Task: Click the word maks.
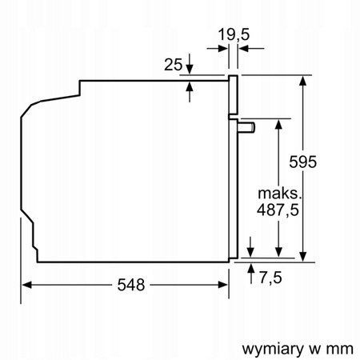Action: tap(278, 193)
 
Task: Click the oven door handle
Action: tap(248, 126)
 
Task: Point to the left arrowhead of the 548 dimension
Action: tap(26, 285)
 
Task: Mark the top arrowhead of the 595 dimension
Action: tap(305, 81)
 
